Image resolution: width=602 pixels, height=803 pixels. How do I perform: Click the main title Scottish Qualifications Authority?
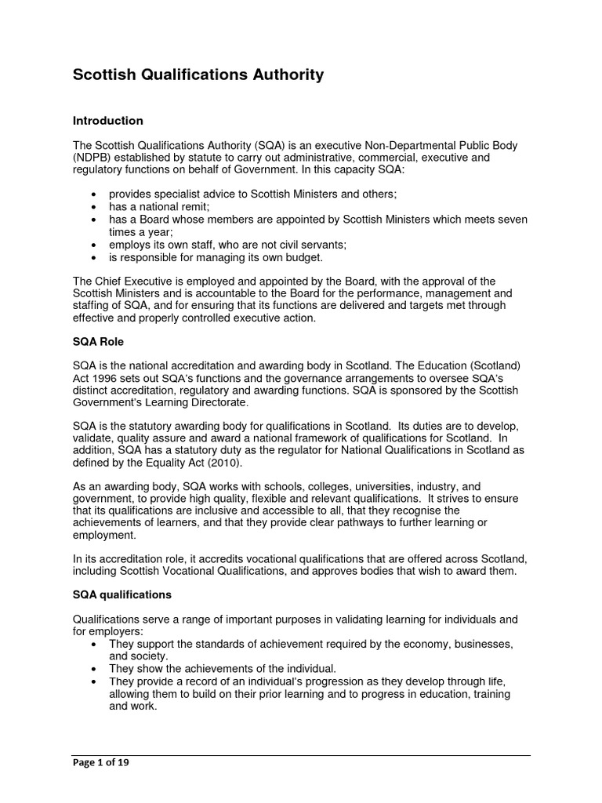click(198, 75)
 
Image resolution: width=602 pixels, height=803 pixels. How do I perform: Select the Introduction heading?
click(108, 121)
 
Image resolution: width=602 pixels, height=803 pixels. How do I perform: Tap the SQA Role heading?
click(98, 342)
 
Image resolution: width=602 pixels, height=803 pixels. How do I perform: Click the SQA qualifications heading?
click(121, 594)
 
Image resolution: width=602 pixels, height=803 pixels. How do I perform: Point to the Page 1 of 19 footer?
click(101, 761)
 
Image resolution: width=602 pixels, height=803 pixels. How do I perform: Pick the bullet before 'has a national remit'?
click(95, 206)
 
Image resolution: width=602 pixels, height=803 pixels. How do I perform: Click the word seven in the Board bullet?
click(510, 219)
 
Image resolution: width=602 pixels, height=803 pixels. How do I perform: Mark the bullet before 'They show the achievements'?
click(95, 669)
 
